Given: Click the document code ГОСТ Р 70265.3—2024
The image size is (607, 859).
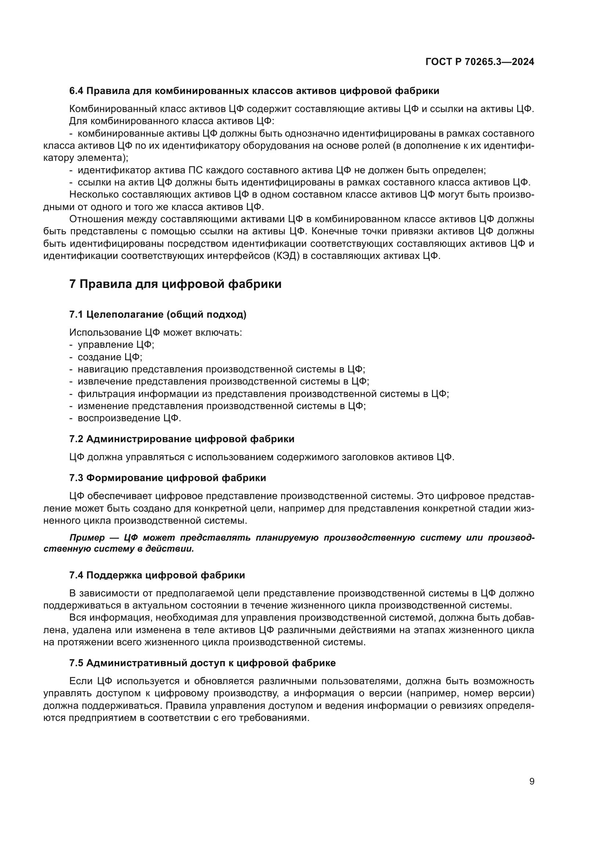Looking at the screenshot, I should (480, 62).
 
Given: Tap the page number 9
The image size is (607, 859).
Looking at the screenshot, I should (531, 782).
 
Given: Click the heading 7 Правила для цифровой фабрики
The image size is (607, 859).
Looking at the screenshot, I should (175, 284).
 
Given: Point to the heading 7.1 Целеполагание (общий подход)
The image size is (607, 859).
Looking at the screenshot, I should (157, 315).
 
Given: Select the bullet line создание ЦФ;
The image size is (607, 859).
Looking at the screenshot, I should (110, 357).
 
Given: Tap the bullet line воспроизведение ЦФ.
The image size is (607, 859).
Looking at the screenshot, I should (129, 418).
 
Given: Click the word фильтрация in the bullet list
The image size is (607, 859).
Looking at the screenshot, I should (106, 394).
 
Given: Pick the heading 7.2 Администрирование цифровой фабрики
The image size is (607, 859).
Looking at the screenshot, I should (182, 439).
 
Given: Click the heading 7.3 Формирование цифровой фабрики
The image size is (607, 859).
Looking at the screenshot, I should (167, 478).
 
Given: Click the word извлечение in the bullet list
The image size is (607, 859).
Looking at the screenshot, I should (105, 382).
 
